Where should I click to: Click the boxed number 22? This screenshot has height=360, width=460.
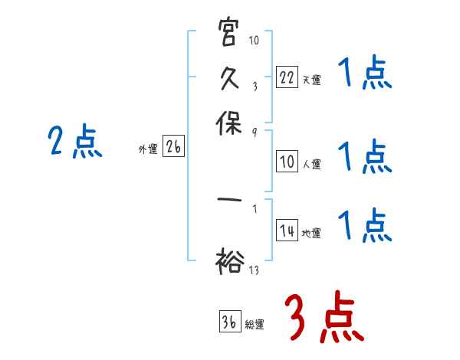point(286,77)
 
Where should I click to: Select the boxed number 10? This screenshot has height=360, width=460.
point(286,161)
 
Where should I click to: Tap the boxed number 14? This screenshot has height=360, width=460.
point(286,231)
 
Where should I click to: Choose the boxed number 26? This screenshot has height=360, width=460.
point(173,148)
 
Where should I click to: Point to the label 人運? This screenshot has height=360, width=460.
point(310,163)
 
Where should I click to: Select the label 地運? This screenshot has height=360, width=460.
point(310,233)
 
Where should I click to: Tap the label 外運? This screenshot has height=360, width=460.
point(148,150)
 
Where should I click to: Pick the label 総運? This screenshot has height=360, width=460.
point(255,324)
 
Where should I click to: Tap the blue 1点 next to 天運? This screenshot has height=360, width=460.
point(365,75)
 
